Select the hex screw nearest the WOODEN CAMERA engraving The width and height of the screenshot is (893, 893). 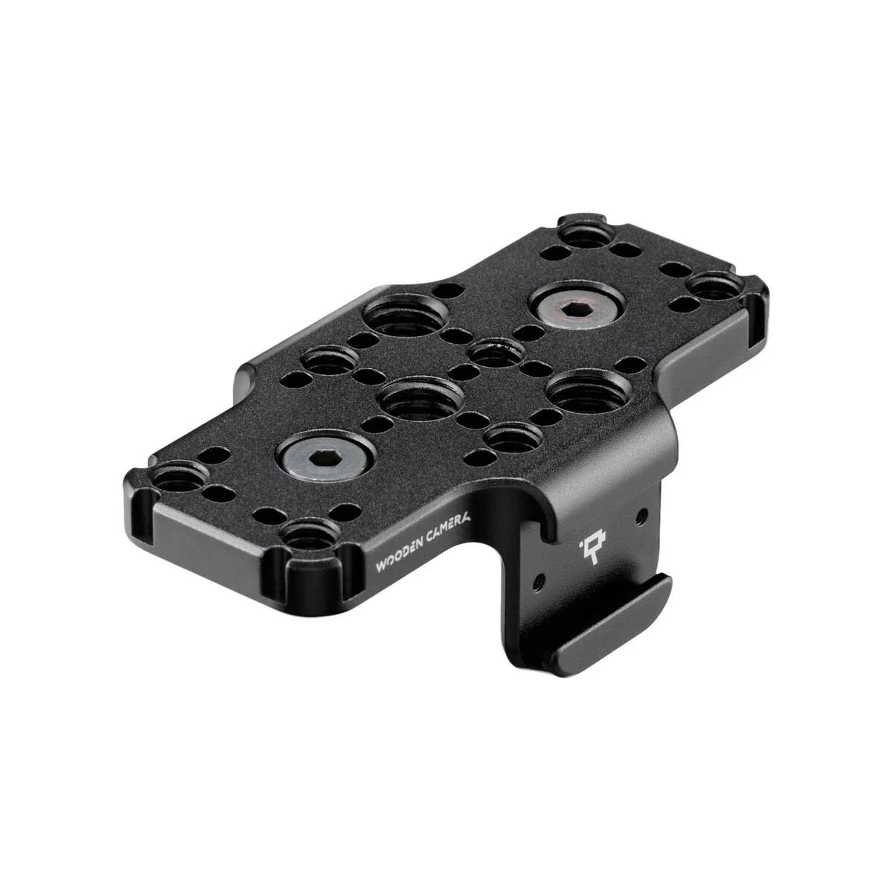point(325,459)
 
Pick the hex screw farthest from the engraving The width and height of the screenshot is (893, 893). point(576,306)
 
